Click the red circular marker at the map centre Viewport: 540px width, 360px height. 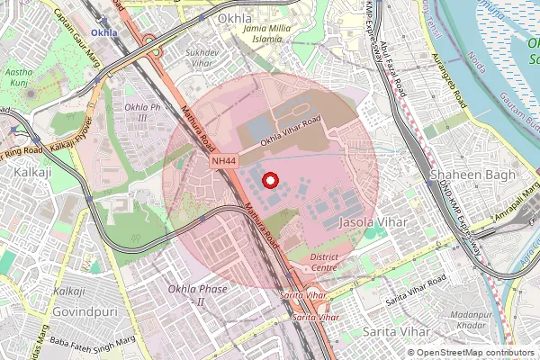[268, 180]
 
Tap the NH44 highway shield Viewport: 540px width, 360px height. [224, 160]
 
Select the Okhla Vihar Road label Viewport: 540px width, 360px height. [290, 133]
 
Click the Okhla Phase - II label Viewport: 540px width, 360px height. [197, 295]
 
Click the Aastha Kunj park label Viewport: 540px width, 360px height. [20, 76]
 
